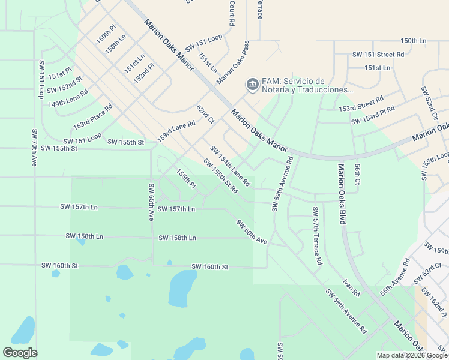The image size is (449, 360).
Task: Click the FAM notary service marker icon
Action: pos(252,85)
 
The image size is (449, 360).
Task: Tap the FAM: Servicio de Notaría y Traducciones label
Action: pos(306,85)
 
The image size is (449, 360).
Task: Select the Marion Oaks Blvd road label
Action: pos(341,194)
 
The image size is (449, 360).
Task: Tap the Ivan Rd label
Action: pos(351,288)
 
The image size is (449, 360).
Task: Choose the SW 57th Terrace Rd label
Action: pos(316,236)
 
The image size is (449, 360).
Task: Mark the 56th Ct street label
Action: pos(357,174)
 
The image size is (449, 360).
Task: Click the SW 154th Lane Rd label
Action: pos(229,166)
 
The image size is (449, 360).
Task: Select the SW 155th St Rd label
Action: pos(220,176)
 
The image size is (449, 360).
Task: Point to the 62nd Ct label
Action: pos(205,114)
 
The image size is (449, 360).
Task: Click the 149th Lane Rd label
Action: pos(68,99)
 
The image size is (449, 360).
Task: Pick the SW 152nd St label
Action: pos(66,83)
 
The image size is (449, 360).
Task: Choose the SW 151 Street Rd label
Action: pos(378,54)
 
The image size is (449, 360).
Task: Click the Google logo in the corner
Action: pos(20,353)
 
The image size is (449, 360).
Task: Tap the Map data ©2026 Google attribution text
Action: pos(412,355)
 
